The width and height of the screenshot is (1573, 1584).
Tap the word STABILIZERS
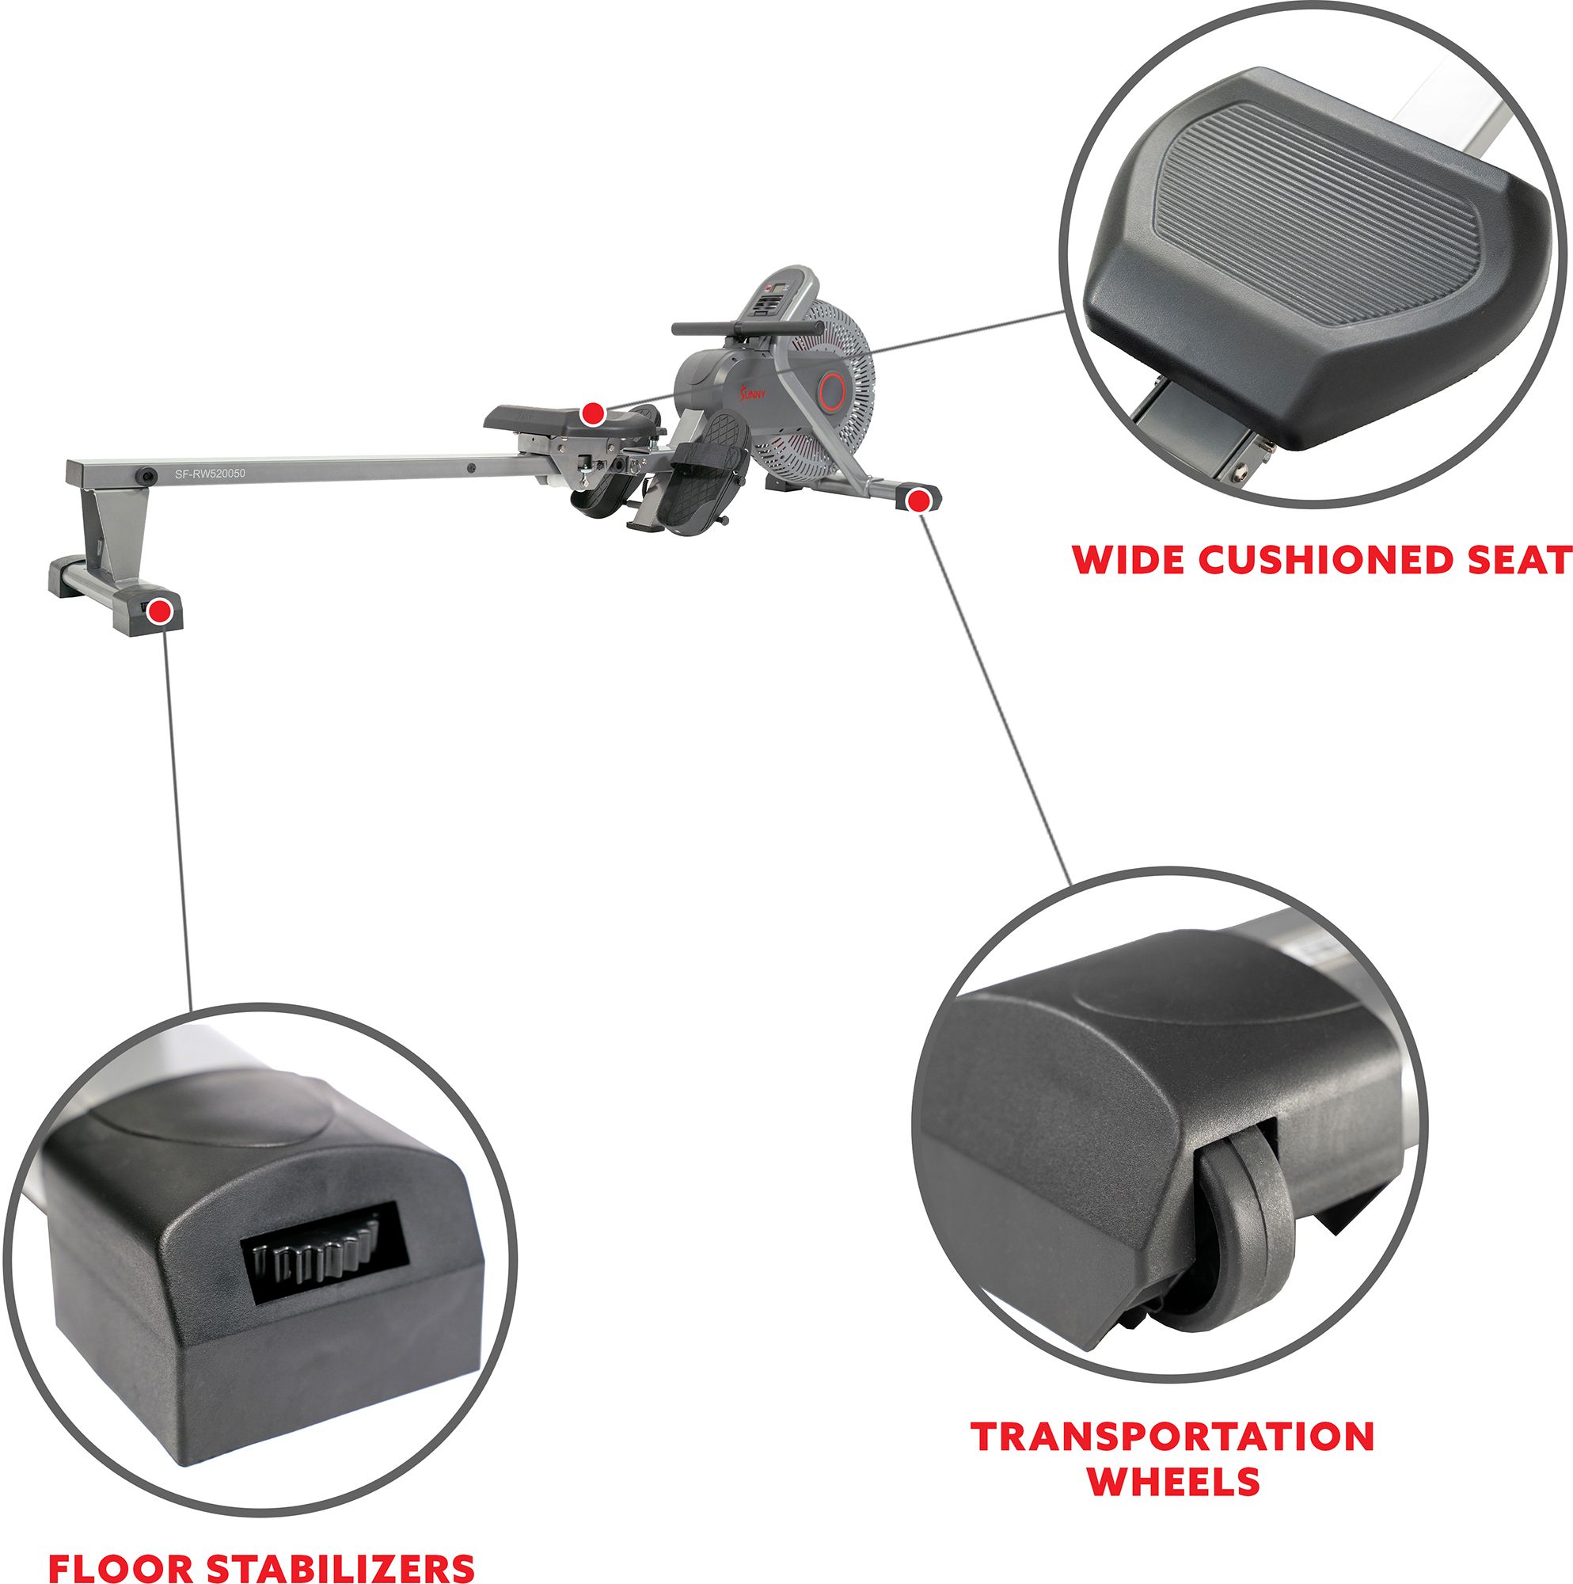point(339,1567)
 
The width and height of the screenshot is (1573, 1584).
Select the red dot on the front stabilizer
point(920,499)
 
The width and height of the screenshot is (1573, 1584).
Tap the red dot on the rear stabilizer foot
point(161,611)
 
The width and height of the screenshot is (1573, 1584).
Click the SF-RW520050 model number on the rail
point(210,473)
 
